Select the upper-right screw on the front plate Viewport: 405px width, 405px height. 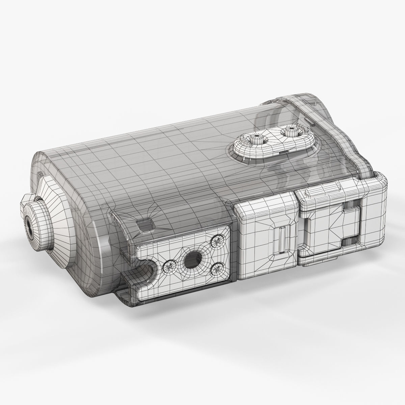point(216,241)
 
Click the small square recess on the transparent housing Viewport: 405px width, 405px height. point(144,223)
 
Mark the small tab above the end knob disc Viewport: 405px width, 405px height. point(40,174)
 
